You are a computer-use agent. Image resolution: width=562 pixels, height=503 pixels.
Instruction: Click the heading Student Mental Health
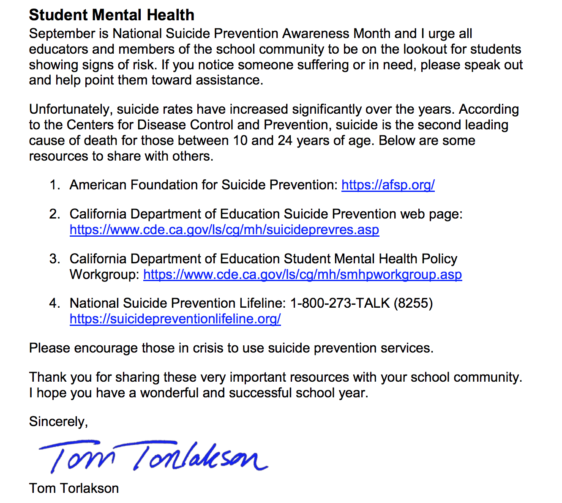pos(112,15)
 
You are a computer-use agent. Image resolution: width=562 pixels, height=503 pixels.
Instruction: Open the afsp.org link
pos(388,185)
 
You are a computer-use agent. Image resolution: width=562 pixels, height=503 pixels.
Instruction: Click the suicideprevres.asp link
pos(224,230)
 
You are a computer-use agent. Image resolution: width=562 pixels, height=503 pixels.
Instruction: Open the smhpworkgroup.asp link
pos(303,275)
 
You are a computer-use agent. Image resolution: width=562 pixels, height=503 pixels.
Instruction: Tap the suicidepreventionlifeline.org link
pos(175,319)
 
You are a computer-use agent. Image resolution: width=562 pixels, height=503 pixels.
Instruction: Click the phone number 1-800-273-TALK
pos(340,303)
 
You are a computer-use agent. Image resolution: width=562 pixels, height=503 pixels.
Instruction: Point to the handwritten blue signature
pos(152,457)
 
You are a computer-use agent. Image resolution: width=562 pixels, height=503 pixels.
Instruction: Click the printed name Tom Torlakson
pos(74,489)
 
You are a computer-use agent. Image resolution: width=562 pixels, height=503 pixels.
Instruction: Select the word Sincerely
pos(58,422)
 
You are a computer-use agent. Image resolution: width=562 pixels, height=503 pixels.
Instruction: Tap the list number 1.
pos(55,185)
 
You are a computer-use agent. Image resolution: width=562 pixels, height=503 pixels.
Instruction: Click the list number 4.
pos(55,303)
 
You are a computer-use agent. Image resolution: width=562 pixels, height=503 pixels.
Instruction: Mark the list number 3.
pos(55,259)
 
